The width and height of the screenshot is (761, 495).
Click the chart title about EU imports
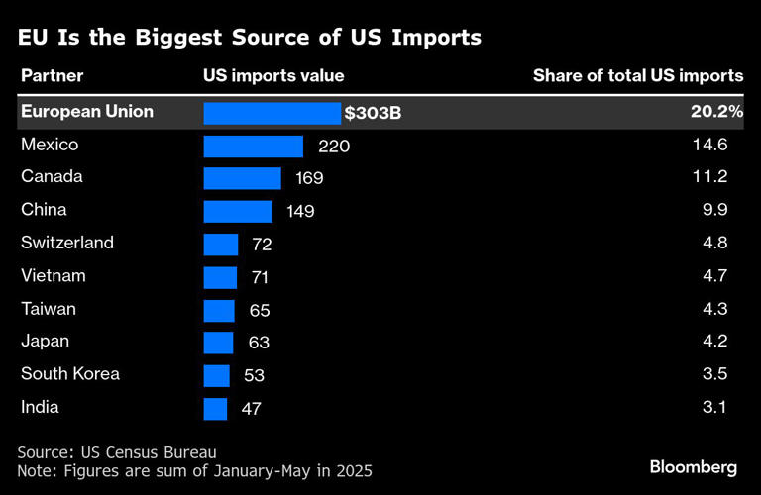pos(249,39)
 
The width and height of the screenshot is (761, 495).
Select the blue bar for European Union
pos(272,113)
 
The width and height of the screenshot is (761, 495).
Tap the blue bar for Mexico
pos(253,147)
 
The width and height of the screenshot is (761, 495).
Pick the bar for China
pos(238,211)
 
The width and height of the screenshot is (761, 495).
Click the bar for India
pos(215,408)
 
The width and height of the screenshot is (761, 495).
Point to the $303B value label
pos(373,113)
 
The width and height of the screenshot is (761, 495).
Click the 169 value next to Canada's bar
pos(309,179)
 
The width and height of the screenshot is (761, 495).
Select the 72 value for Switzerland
pos(262,245)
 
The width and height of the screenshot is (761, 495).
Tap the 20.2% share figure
pos(716,112)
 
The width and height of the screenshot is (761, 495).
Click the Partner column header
pos(52,76)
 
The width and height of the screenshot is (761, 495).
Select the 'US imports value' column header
pos(273,76)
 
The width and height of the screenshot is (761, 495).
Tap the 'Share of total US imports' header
pos(637,76)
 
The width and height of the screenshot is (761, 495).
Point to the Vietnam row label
pos(54,276)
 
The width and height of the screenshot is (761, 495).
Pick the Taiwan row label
pos(49,309)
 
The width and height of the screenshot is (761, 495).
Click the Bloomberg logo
pos(693,466)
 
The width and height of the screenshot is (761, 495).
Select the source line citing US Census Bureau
pos(116,451)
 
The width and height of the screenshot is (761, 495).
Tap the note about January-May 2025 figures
pos(194,471)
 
